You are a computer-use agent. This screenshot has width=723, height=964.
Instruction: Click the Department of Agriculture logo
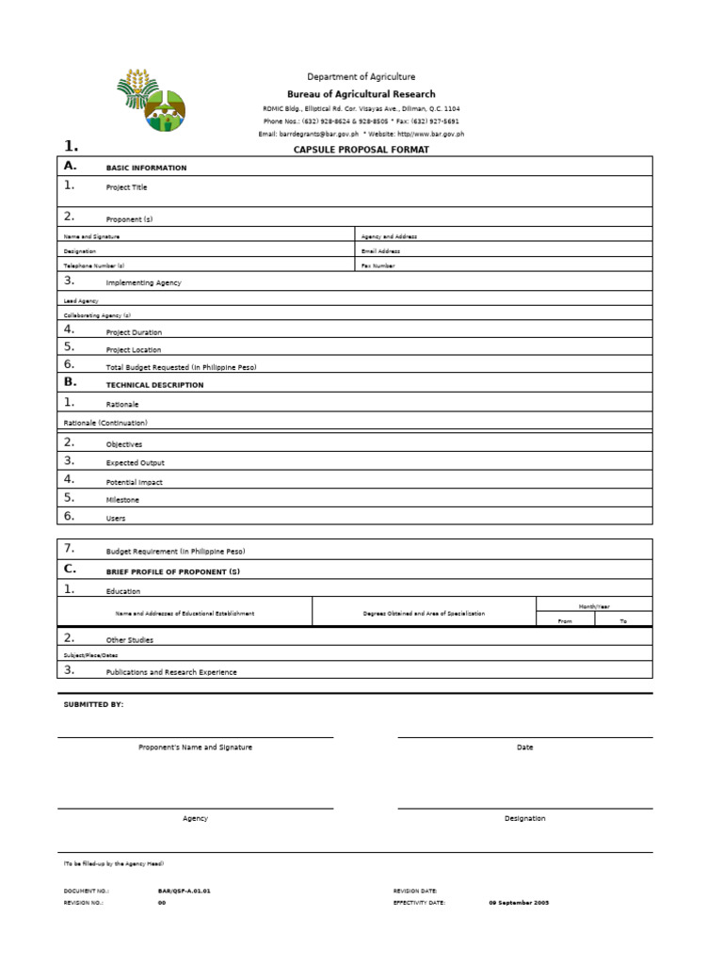coord(152,99)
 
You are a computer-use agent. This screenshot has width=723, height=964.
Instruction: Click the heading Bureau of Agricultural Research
coord(361,94)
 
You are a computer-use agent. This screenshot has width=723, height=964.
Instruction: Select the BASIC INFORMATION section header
coord(146,169)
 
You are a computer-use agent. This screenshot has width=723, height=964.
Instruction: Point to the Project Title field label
coord(126,187)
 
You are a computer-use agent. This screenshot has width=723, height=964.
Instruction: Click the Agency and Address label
coord(389,236)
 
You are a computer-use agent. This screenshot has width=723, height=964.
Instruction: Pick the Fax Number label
coord(378,266)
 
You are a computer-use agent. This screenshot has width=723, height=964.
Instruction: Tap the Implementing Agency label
coord(144,282)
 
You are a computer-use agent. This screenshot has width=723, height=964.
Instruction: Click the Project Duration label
coord(134,332)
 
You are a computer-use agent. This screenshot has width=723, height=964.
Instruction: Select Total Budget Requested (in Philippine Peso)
coord(182,367)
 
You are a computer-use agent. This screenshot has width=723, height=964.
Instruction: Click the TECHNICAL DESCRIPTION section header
coord(154,385)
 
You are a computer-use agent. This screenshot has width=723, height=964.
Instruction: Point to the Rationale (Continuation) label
coord(105,423)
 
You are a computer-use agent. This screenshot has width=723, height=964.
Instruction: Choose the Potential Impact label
coord(135,482)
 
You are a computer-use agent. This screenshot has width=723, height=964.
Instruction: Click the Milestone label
coord(122,500)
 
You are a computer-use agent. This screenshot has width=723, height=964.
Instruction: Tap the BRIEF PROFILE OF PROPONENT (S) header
coord(173,572)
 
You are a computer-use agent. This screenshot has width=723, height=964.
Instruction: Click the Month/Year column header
coord(594,606)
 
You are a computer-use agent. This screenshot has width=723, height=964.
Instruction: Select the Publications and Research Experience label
coord(171,672)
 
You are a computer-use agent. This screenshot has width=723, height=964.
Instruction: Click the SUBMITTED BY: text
coord(93,704)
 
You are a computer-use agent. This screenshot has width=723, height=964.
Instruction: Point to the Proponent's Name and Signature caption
coord(195,747)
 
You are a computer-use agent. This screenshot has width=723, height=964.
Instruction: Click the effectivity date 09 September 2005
coord(519,902)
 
